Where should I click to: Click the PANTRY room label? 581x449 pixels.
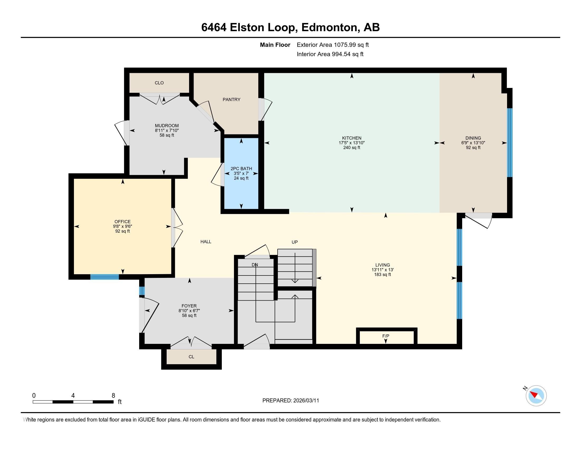coord(231,100)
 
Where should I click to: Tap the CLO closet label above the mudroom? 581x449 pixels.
coord(159,83)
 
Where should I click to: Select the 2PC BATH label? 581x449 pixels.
coord(241,169)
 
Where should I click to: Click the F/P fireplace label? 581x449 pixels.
coord(386,336)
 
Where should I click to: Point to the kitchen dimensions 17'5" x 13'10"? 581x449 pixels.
coord(352,143)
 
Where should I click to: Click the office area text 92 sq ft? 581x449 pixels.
coord(122,231)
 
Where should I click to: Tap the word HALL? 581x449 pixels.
coord(206,242)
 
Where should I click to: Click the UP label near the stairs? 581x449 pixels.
coord(294,242)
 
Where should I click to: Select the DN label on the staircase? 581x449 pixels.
coord(255,265)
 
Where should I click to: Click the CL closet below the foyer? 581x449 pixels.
coord(191,357)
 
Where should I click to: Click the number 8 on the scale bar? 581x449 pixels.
coord(113,396)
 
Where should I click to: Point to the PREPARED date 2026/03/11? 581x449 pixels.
coord(290,401)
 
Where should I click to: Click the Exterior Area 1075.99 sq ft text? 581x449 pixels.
coord(332,45)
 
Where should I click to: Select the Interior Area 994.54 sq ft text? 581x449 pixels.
coord(330,54)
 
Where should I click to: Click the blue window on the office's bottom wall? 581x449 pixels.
coord(104,277)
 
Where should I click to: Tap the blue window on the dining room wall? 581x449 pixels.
coord(509,143)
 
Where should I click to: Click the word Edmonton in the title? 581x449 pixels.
coord(329,27)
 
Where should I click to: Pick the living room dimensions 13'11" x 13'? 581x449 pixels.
coord(382,270)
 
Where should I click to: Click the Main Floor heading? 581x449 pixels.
coord(275,45)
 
